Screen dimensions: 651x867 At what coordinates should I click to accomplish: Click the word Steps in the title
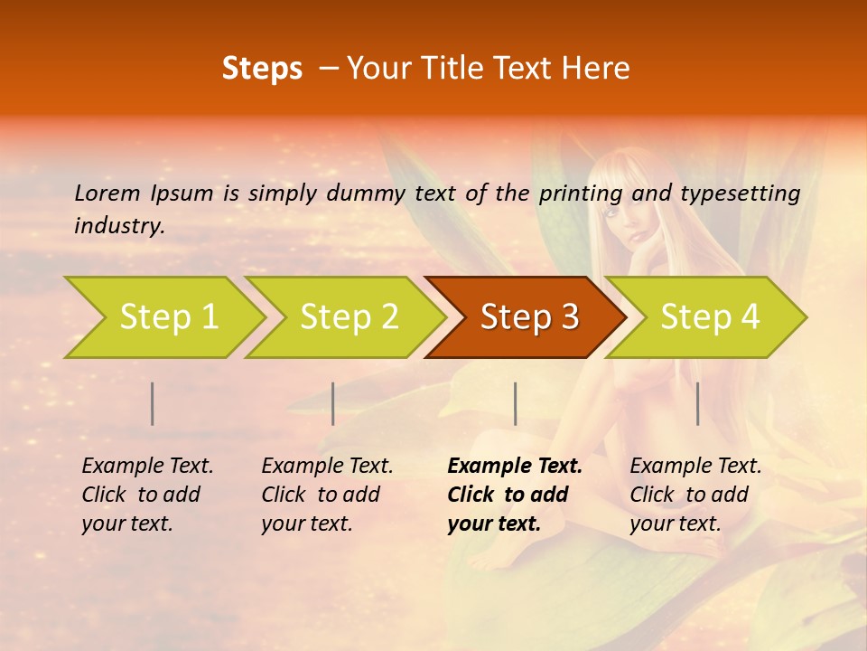262,69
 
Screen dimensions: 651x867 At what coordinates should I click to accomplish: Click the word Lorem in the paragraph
107,193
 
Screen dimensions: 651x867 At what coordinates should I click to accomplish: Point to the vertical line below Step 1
153,403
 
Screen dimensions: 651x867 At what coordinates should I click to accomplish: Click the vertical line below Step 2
333,403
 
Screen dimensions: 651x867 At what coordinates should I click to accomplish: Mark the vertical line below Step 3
515,403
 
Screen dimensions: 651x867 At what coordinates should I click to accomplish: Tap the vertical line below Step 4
697,403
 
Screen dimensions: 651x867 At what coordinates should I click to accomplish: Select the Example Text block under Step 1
147,495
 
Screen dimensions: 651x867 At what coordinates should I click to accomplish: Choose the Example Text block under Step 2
327,495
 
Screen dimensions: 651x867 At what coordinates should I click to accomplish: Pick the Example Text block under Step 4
695,495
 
